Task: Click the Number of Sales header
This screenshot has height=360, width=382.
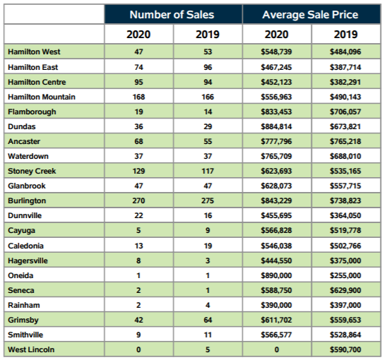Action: point(172,15)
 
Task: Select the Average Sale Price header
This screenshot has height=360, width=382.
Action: point(310,15)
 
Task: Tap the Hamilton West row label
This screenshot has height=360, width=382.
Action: point(34,52)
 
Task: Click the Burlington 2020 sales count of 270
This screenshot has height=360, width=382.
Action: point(138,200)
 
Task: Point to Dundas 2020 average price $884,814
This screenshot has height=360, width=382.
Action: point(276,126)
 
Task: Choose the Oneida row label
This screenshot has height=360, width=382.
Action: point(20,275)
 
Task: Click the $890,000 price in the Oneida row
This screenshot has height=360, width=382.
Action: point(276,275)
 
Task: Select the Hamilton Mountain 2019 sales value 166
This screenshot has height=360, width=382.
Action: point(208,97)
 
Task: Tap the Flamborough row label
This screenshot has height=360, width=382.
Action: point(32,112)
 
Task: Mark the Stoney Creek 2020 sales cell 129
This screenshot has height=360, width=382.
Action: point(138,171)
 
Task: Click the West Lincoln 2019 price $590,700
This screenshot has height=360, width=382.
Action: point(345,349)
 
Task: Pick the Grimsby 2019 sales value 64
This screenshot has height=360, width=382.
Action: point(208,320)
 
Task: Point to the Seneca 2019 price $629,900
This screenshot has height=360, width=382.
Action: point(345,290)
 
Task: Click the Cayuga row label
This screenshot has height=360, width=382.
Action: point(21,230)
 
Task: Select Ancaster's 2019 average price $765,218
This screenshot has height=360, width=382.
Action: point(345,141)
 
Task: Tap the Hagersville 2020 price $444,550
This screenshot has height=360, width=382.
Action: point(276,260)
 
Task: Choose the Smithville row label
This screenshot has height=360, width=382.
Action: point(25,335)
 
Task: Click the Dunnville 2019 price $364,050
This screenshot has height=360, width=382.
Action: point(345,215)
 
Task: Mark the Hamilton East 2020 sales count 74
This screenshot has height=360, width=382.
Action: point(138,67)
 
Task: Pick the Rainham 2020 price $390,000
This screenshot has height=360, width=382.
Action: point(276,305)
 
